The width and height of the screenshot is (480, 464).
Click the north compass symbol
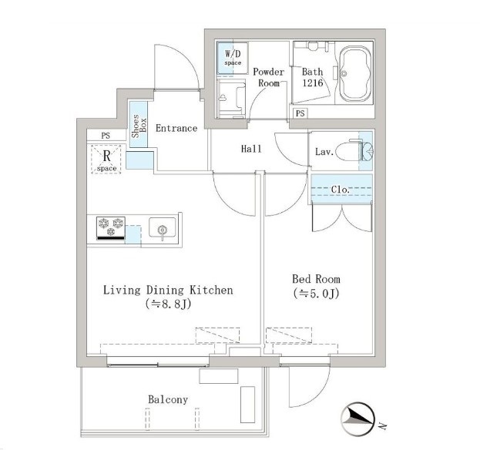(x=358, y=419)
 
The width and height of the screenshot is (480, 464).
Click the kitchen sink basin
(x=163, y=227)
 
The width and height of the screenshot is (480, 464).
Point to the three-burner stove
(x=110, y=228)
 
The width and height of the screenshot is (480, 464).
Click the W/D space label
(x=233, y=58)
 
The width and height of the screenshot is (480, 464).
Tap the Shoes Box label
(x=139, y=126)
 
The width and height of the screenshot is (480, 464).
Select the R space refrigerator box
(x=106, y=160)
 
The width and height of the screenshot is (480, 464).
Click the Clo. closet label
(x=340, y=190)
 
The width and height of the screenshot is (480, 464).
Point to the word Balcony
(x=168, y=399)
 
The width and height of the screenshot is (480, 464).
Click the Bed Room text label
(x=316, y=279)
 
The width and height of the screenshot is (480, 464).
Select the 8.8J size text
(x=169, y=304)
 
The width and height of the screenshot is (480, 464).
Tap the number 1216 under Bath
(x=313, y=82)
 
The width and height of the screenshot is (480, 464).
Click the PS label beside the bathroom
(x=300, y=113)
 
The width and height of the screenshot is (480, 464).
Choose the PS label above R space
(x=106, y=136)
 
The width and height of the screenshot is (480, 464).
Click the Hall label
(x=251, y=149)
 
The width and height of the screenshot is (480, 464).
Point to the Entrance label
(x=176, y=128)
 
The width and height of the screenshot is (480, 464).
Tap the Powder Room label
(x=268, y=77)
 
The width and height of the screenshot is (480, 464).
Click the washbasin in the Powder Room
(x=231, y=99)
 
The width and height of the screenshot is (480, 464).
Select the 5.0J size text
(x=316, y=294)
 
